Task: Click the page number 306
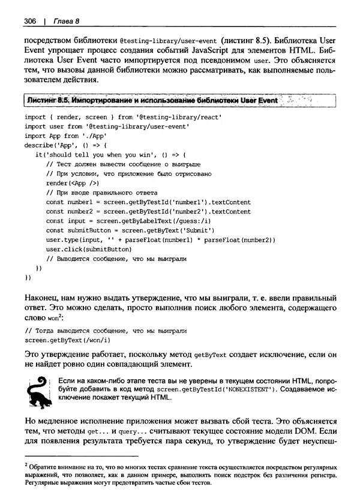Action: tap(31, 22)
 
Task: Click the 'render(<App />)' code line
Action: tap(72, 183)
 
